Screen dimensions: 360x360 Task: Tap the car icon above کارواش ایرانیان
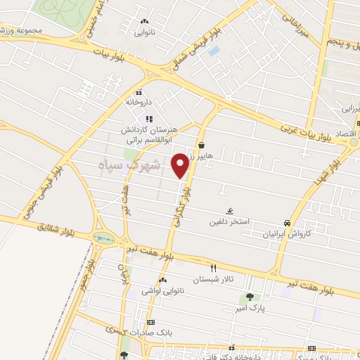[x=286, y=221]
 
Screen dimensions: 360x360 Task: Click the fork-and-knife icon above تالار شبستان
[x=214, y=268]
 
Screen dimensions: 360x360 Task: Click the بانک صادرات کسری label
[x=150, y=332]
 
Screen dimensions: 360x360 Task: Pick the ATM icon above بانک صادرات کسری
[x=150, y=321]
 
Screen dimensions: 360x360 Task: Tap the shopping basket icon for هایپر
[x=201, y=145]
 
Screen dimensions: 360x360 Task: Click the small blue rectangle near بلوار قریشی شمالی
[x=214, y=51]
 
